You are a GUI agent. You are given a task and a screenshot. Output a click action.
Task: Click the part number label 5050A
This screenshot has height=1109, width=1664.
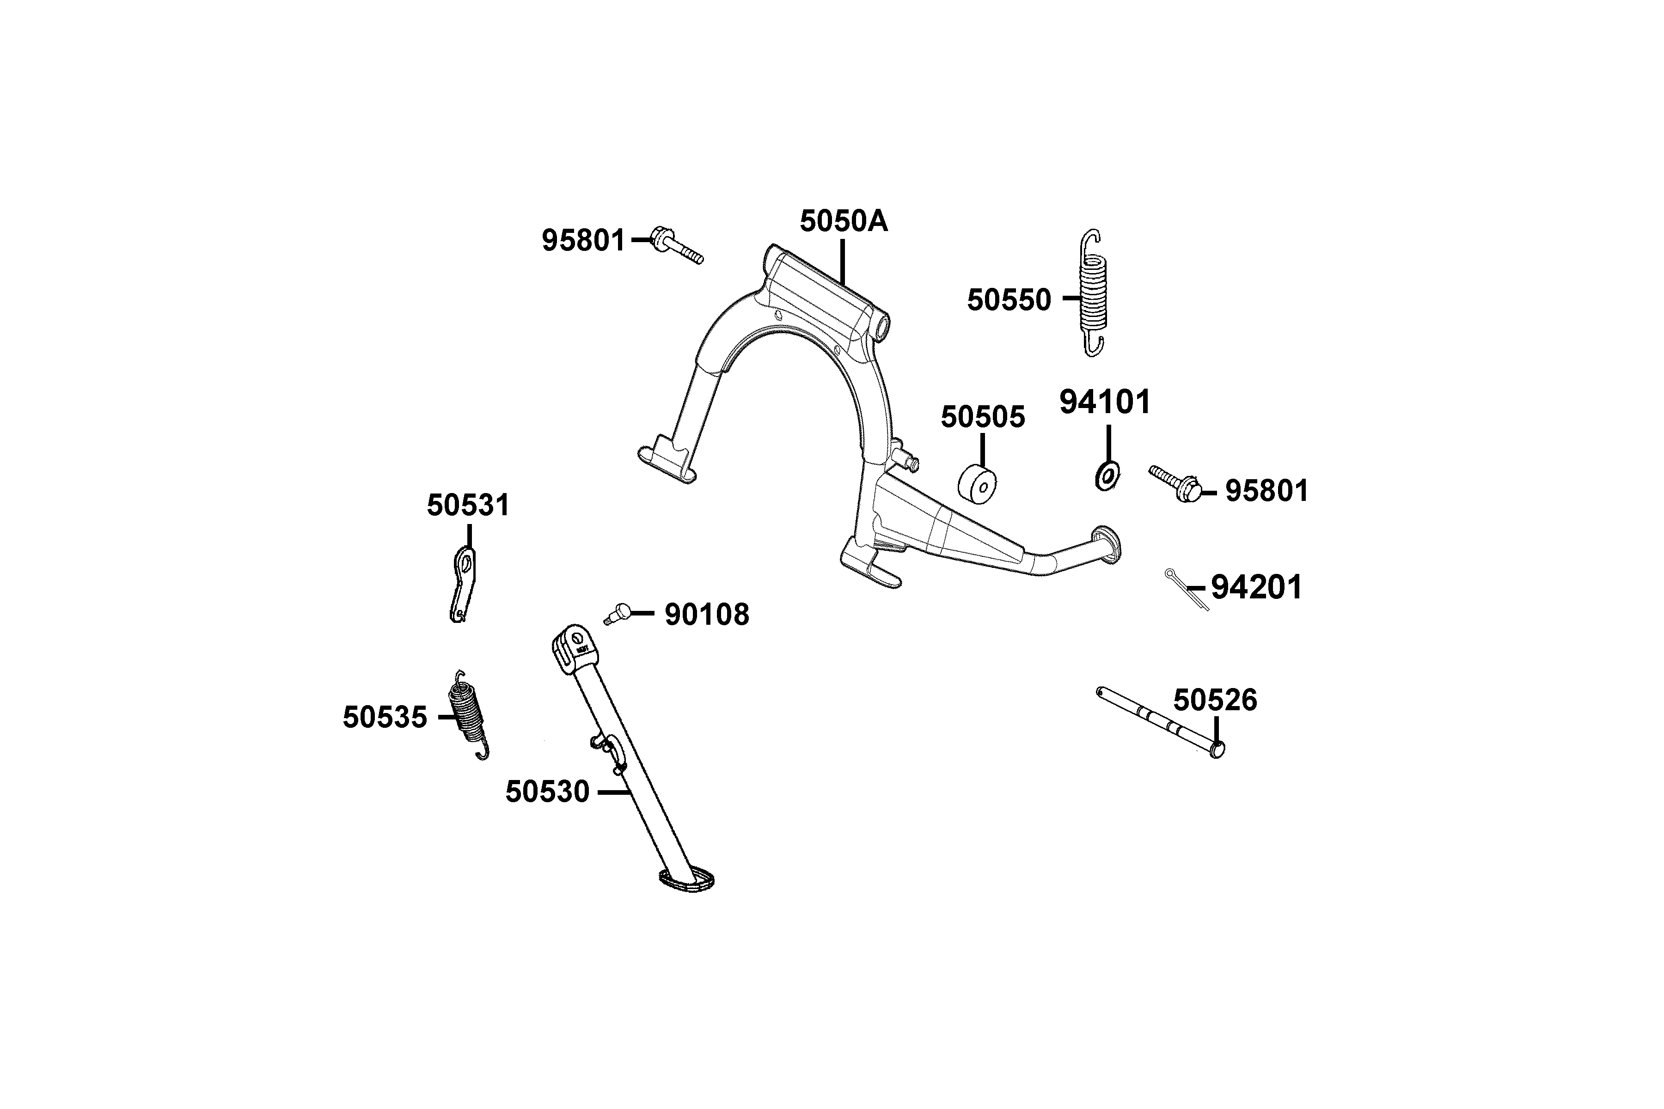coord(843,221)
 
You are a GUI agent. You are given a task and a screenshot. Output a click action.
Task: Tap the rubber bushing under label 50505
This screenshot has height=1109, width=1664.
coord(977,484)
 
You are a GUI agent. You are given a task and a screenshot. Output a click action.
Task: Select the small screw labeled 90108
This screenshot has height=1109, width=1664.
coord(618,613)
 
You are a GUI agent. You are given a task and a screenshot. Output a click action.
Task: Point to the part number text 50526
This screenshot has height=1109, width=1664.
coord(1215,700)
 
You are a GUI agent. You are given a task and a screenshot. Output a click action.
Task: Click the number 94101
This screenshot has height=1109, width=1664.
coord(1104,402)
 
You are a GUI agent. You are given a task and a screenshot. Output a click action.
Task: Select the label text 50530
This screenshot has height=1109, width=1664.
coord(547,792)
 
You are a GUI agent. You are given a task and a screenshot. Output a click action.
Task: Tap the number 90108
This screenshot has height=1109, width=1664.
coord(706,615)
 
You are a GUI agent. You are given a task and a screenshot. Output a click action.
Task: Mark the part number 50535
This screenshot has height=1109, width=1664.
coord(385,717)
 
